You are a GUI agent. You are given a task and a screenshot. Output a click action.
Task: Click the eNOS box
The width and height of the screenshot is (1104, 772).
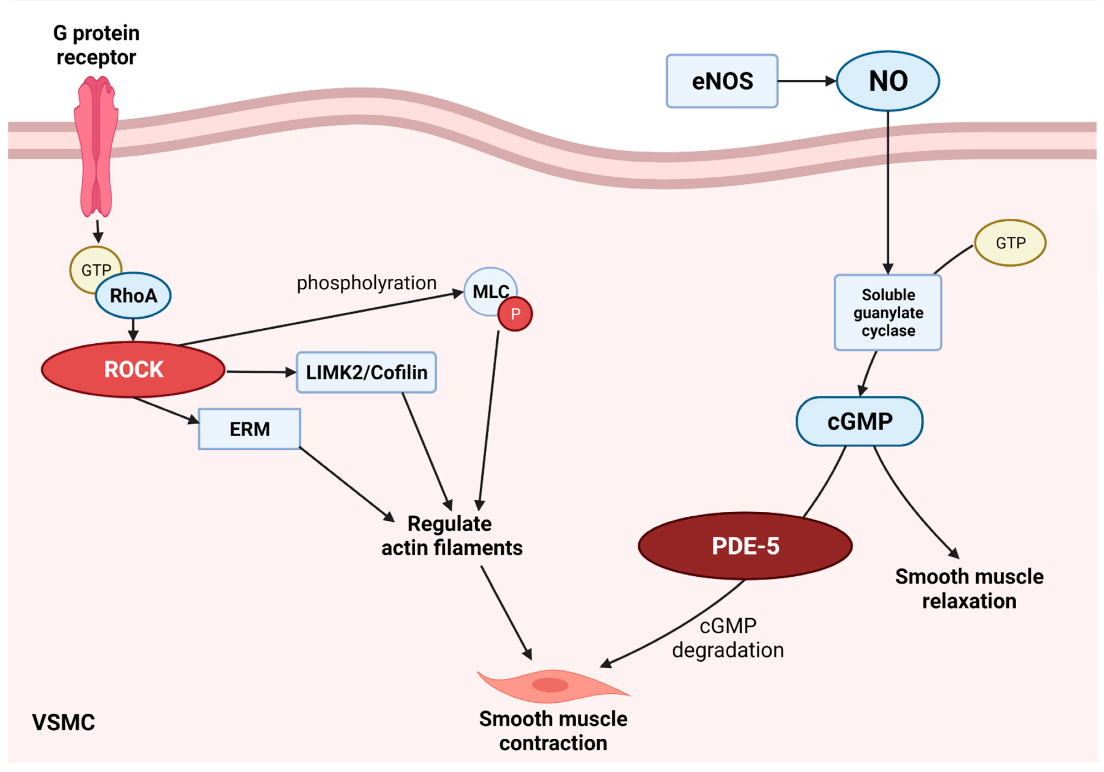coord(722,81)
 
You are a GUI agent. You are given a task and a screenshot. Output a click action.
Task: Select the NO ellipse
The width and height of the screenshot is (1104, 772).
coord(888,81)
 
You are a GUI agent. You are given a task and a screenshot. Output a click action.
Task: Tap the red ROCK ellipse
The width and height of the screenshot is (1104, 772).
coord(133,369)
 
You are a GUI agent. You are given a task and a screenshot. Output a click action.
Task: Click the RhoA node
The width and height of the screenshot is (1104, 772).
coord(133,296)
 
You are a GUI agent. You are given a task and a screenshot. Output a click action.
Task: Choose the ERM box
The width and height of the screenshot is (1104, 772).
coord(249,429)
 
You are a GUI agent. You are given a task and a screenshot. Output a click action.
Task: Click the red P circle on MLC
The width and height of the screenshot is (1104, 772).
coord(515,314)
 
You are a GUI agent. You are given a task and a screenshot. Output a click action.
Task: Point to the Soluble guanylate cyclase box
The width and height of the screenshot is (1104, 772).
coord(888,312)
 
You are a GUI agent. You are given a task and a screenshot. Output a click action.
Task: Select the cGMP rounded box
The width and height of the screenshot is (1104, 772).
coord(859,421)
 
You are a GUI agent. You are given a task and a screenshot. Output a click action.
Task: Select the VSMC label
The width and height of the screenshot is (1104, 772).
coord(64,722)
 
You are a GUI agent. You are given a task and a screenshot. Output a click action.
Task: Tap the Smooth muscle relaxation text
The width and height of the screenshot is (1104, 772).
coord(969,588)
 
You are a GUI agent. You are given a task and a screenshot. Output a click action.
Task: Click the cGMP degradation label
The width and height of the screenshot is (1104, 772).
coord(727,638)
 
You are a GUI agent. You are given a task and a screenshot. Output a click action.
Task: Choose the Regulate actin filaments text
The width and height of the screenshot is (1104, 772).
coord(451,535)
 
